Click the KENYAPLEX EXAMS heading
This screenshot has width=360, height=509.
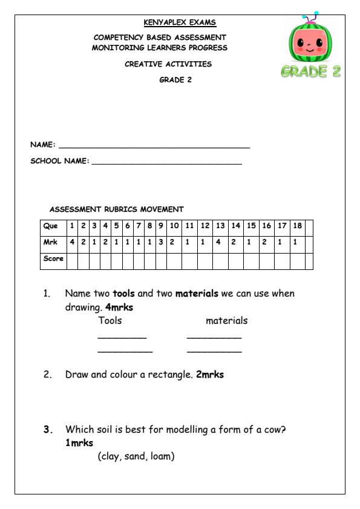180,24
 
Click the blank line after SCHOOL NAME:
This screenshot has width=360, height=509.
166,163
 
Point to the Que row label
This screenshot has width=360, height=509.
51,226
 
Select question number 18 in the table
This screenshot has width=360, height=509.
297,226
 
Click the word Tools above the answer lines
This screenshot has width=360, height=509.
110,321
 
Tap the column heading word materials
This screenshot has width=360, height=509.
227,321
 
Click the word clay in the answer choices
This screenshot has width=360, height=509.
110,456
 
